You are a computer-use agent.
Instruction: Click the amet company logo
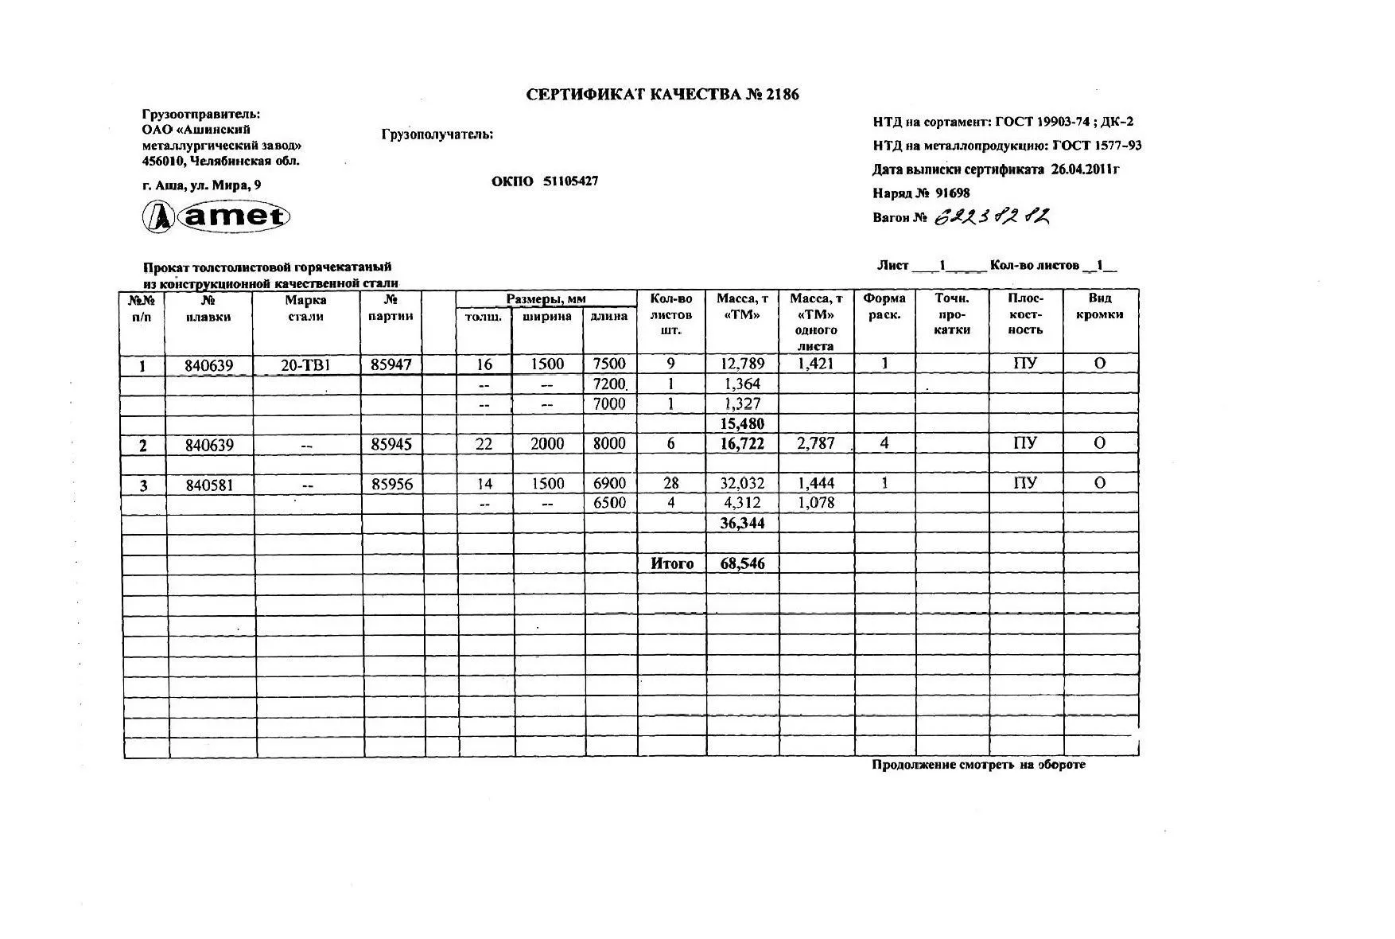(216, 216)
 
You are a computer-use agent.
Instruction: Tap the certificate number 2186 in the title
(782, 95)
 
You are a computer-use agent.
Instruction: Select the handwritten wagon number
(992, 216)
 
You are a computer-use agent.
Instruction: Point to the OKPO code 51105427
(570, 181)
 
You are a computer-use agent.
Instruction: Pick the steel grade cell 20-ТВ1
(305, 365)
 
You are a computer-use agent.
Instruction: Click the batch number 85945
(391, 444)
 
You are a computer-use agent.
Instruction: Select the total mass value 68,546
(742, 563)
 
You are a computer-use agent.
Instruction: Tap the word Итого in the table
(672, 563)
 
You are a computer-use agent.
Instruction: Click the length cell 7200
(609, 384)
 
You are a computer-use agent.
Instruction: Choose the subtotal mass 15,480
(742, 424)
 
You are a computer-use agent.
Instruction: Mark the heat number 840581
(209, 485)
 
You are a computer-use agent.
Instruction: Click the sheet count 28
(670, 484)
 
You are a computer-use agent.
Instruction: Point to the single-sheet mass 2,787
(816, 443)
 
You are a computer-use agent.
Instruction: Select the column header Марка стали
(305, 308)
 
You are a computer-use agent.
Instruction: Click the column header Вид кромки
(1099, 306)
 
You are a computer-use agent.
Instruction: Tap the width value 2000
(547, 444)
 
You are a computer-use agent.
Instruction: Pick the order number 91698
(952, 193)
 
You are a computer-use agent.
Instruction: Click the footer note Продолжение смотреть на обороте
(978, 765)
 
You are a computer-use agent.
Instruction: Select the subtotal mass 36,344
(742, 524)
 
